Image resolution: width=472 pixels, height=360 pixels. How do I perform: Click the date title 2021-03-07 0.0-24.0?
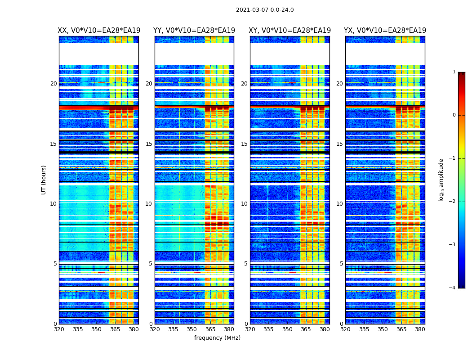pyautogui.click(x=265, y=10)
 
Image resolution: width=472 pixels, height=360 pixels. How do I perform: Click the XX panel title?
pyautogui.click(x=99, y=31)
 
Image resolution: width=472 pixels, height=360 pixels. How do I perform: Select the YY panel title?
pyautogui.click(x=194, y=31)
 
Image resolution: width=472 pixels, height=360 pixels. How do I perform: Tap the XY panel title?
pyautogui.click(x=290, y=31)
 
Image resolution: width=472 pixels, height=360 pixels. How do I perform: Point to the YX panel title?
pyautogui.click(x=385, y=31)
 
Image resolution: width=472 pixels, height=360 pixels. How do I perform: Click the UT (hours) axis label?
pyautogui.click(x=44, y=180)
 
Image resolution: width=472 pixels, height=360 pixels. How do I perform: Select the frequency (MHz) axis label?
pyautogui.click(x=217, y=338)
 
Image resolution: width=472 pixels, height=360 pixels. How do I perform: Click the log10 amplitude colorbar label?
pyautogui.click(x=441, y=180)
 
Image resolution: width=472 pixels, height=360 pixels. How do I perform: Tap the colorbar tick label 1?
pyautogui.click(x=454, y=72)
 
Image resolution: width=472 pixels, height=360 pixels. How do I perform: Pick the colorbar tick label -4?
pyautogui.click(x=453, y=288)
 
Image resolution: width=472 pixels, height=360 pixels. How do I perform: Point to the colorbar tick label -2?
pyautogui.click(x=453, y=202)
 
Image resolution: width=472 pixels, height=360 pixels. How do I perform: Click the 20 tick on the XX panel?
pyautogui.click(x=53, y=84)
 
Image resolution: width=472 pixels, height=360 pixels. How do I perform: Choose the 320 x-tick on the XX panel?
pyautogui.click(x=59, y=329)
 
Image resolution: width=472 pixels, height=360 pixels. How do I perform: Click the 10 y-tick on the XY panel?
pyautogui.click(x=245, y=204)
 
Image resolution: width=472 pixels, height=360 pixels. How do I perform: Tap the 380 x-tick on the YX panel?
pyautogui.click(x=420, y=329)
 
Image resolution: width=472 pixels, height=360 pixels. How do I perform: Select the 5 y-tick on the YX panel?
pyautogui.click(x=342, y=264)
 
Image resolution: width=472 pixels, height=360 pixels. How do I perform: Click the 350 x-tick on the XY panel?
pyautogui.click(x=287, y=329)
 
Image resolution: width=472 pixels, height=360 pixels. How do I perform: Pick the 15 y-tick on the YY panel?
pyautogui.click(x=149, y=144)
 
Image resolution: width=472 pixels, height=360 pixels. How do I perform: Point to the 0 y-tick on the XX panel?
pyautogui.click(x=55, y=324)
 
